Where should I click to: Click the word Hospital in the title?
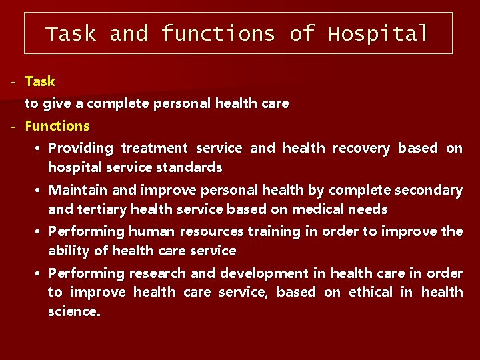378,34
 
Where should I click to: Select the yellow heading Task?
40,81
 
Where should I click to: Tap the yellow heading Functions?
57,126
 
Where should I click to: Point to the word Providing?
81,148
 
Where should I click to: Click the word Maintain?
78,190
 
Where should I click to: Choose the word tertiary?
101,209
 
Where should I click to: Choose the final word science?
74,311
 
